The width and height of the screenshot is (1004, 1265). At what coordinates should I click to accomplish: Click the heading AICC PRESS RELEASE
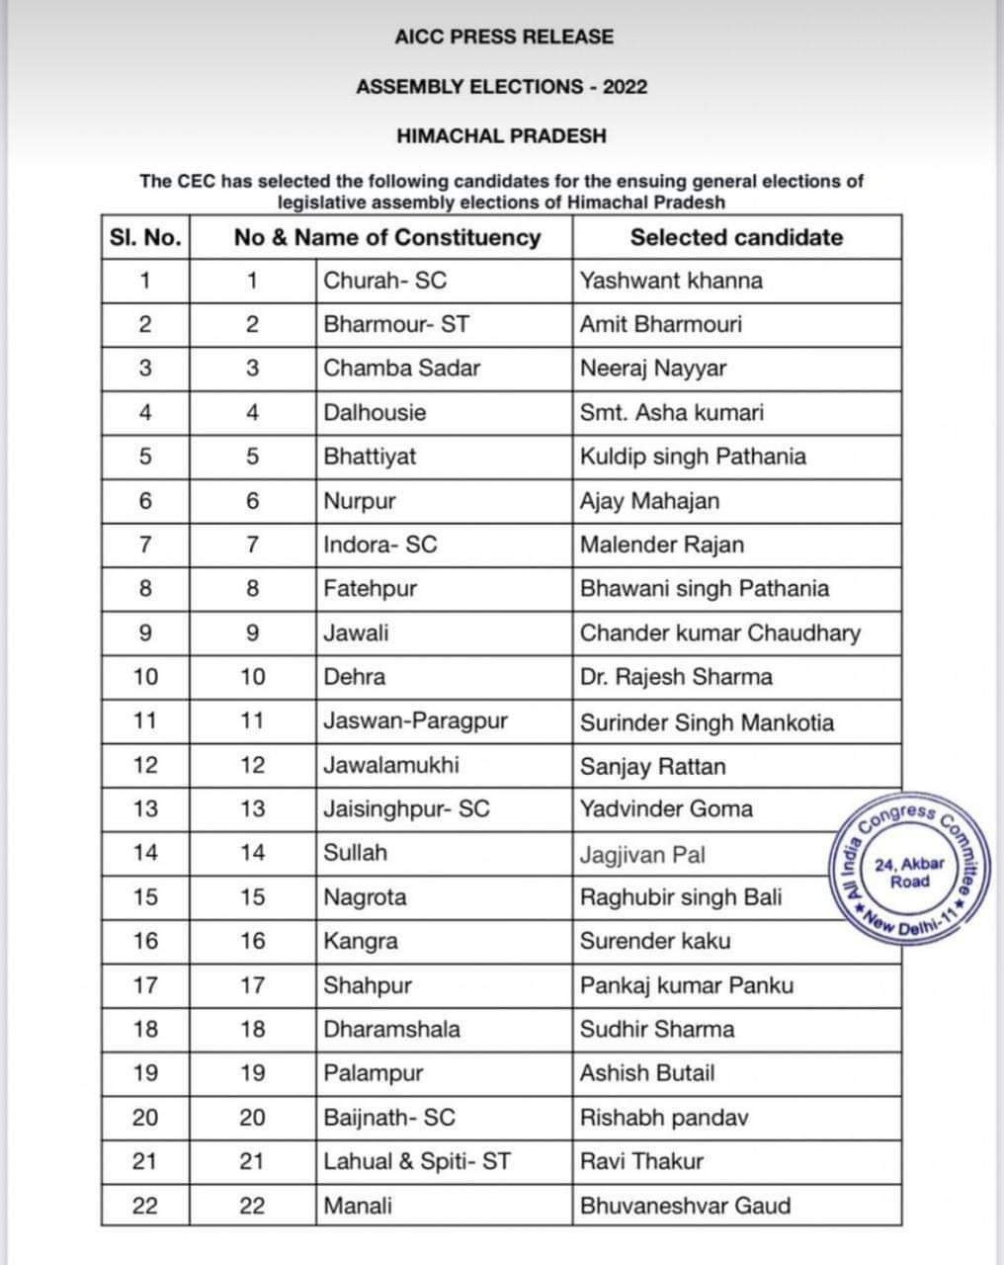(503, 38)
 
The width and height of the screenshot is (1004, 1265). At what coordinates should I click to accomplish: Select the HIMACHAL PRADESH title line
(501, 136)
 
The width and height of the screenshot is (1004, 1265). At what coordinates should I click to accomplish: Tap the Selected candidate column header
(736, 237)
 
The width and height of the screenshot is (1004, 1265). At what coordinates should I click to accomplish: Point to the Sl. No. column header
(145, 237)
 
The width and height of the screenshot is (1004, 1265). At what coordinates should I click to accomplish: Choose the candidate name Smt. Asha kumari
(671, 412)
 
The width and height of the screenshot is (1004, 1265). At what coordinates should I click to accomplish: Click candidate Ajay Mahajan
(649, 501)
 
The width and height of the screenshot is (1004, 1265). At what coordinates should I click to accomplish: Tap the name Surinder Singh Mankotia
(707, 722)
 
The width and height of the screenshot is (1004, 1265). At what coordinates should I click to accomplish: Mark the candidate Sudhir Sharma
(657, 1030)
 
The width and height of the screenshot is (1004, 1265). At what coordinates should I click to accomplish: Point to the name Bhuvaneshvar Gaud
(685, 1206)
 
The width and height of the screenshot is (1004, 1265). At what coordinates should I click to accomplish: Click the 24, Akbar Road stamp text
(909, 873)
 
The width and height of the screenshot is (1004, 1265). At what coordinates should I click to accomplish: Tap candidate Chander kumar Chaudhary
(719, 633)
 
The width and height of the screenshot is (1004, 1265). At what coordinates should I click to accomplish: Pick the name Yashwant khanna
(671, 281)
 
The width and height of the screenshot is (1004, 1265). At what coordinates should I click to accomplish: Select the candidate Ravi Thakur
(641, 1161)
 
